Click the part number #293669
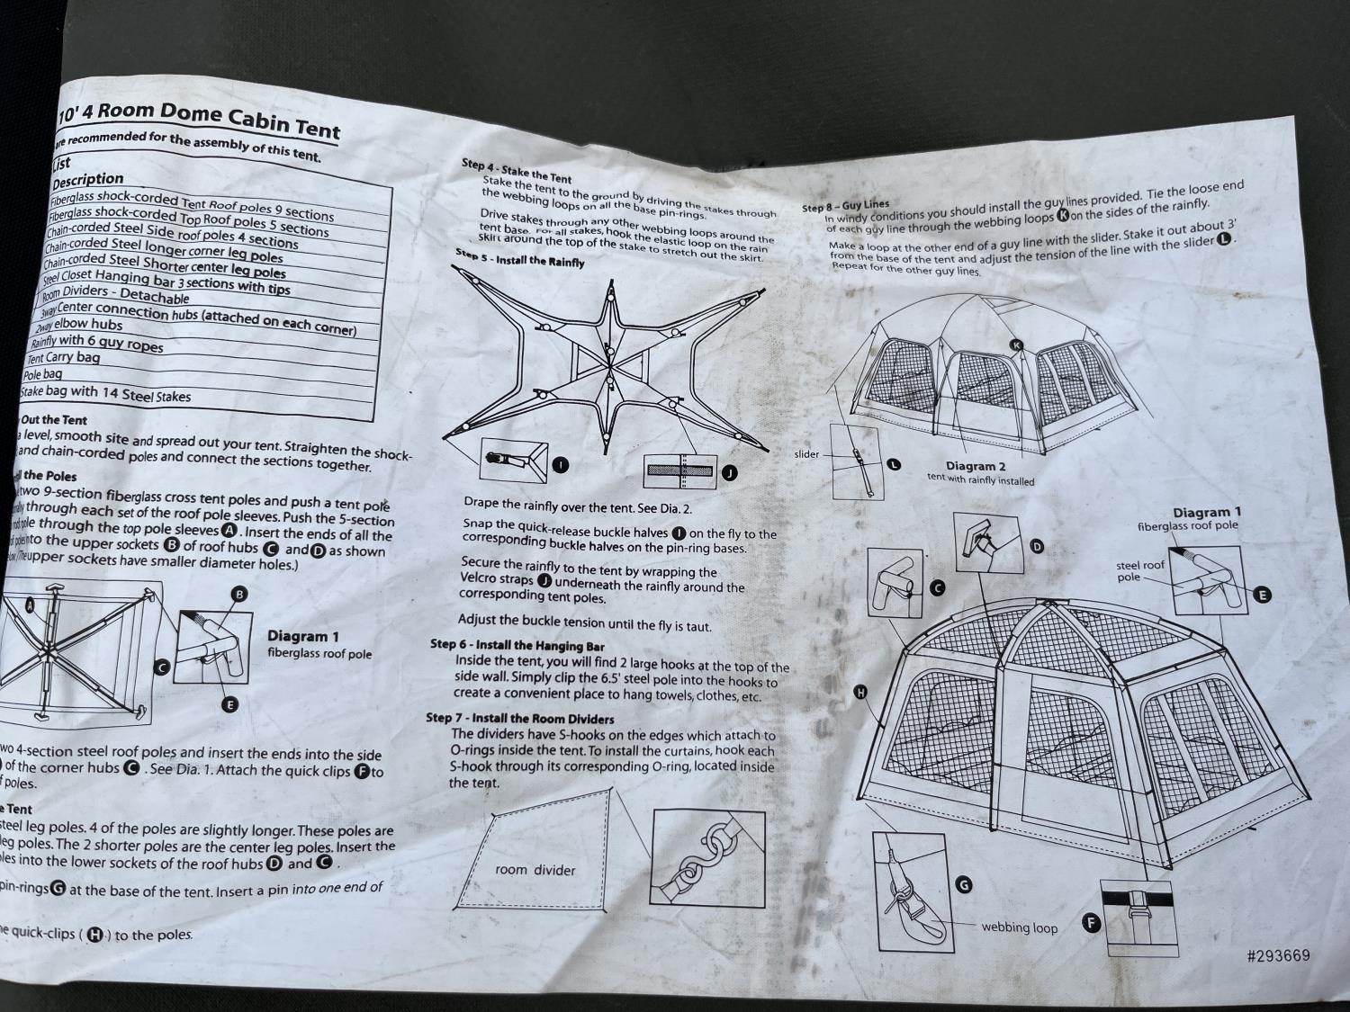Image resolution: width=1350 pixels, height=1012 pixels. coord(1278,955)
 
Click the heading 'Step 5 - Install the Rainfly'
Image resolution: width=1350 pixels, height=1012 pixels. coord(519,258)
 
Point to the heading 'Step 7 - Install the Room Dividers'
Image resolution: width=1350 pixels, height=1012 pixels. coord(519,719)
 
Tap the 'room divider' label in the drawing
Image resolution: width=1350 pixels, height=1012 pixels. coord(535,870)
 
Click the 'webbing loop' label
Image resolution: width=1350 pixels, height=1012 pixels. coord(1020,927)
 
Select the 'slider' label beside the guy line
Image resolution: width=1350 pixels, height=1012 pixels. coord(806,454)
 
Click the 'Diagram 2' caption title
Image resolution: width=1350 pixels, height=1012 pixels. coord(976,466)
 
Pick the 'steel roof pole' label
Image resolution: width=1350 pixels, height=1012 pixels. coord(1140,570)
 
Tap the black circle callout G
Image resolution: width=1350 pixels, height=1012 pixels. coord(964,885)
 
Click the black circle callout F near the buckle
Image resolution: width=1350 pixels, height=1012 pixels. coord(1091,923)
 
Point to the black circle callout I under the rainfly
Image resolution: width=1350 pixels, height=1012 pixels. coord(560,465)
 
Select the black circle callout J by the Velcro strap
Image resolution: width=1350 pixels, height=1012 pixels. coord(729,472)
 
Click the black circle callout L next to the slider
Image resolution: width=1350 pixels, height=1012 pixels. coord(893,464)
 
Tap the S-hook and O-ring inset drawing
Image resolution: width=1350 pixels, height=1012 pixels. coord(703,853)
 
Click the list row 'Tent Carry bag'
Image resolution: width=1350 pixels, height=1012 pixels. coord(64,357)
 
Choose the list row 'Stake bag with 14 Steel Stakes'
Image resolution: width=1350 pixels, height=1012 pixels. coord(106,393)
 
